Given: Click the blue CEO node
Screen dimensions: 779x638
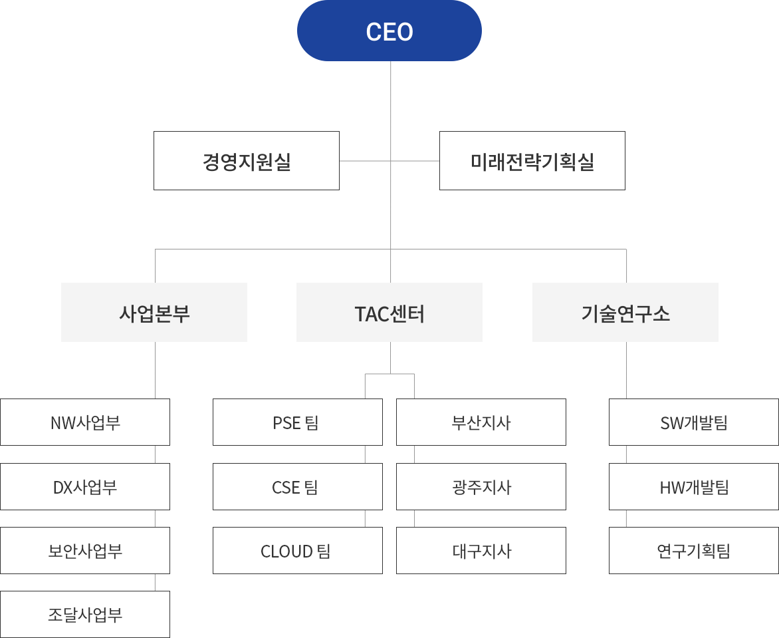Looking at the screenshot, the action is [389, 31].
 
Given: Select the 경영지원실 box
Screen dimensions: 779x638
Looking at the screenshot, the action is [247, 160].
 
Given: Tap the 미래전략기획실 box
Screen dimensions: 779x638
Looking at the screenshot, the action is [532, 160].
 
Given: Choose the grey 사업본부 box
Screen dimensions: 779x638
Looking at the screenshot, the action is [154, 312].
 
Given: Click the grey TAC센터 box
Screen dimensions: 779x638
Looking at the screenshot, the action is [389, 312].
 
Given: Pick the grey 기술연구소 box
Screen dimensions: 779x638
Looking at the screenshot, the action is [625, 312].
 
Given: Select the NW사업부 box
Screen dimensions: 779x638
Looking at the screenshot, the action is [85, 422].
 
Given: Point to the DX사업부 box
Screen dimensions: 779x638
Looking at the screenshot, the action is [85, 487].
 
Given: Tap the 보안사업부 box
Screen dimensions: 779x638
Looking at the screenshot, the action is [85, 550].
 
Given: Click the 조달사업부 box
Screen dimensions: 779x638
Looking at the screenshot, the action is [85, 615].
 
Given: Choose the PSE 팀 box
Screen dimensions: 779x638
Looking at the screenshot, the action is [298, 422].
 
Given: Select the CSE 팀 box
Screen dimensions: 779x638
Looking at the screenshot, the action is [298, 487].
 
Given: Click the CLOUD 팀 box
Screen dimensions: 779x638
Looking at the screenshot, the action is [298, 550].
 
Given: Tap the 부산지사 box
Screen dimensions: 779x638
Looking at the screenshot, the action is [481, 422].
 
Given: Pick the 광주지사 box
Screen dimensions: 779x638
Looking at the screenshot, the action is [481, 487].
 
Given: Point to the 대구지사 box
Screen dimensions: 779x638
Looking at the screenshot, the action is [481, 550].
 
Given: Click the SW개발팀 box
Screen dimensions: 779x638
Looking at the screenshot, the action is [694, 422].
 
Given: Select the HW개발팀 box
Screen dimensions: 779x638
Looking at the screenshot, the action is [694, 487].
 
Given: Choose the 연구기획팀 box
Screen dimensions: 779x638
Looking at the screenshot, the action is [694, 550].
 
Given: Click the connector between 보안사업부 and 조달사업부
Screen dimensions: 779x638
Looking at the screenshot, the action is [155, 583].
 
